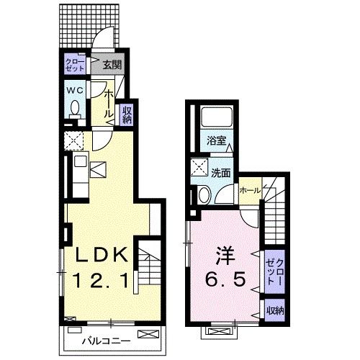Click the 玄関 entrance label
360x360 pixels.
pos(112,65)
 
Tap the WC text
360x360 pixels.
pos(75,90)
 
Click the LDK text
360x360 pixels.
pos(102,255)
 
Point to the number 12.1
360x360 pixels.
pos(101,280)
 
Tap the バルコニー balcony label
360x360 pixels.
pos(107,341)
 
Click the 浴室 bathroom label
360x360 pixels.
pos(217,141)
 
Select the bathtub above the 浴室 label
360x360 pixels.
pos(217,117)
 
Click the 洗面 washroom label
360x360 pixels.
pos(221,173)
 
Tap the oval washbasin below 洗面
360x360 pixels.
pos(204,195)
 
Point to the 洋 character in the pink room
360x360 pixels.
pos(225,255)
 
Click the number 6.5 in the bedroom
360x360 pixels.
pos(225,279)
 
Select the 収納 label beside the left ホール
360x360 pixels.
pos(127,114)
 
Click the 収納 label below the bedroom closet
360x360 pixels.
pos(276,311)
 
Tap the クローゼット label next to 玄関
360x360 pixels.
pos(75,65)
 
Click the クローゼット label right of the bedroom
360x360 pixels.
pos(275,271)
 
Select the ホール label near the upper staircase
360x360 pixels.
pos(250,191)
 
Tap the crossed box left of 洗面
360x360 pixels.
pos(199,167)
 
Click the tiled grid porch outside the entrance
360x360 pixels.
pos(89,26)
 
